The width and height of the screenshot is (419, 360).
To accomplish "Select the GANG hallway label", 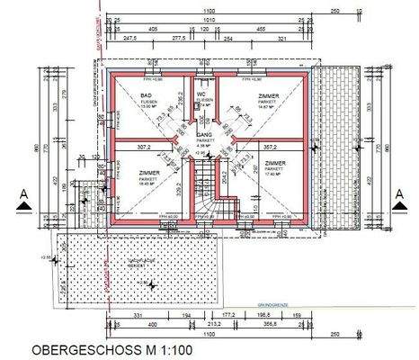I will pyautogui.click(x=205, y=134).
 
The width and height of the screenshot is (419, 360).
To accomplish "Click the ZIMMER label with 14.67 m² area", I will pyautogui.click(x=268, y=94).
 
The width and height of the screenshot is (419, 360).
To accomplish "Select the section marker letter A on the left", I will pyautogui.click(x=22, y=193).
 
